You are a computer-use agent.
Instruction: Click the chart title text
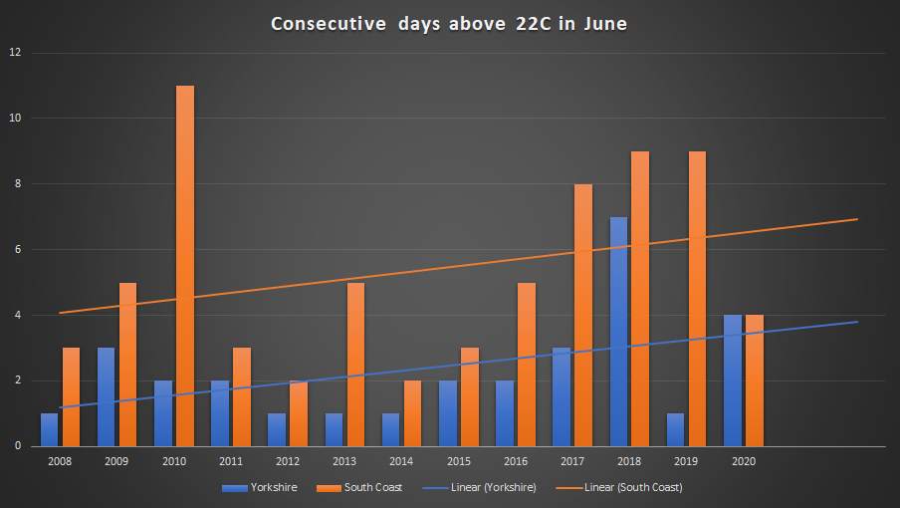(x=450, y=24)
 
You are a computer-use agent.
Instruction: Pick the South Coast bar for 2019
(x=697, y=299)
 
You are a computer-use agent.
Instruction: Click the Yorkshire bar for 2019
(x=676, y=429)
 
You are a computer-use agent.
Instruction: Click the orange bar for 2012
(x=299, y=413)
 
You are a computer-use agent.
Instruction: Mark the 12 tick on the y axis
(x=15, y=53)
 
